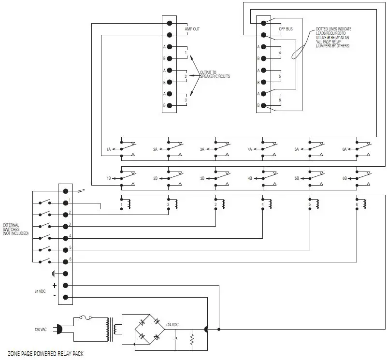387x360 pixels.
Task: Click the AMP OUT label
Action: [x=192, y=29]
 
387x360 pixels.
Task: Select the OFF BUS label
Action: [x=286, y=29]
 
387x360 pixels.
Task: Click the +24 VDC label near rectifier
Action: [x=172, y=324]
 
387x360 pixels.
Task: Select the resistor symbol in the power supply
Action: [x=192, y=340]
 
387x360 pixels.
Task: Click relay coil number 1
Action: [x=127, y=205]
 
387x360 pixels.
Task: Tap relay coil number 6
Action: [x=362, y=205]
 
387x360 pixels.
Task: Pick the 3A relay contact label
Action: [x=203, y=150]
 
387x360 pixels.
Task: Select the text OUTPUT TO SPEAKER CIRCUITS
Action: [x=215, y=74]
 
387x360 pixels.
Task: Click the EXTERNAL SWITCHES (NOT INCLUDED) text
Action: [x=16, y=229]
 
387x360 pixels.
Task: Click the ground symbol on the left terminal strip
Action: [x=54, y=274]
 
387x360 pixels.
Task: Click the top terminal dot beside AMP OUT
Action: [x=170, y=23]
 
